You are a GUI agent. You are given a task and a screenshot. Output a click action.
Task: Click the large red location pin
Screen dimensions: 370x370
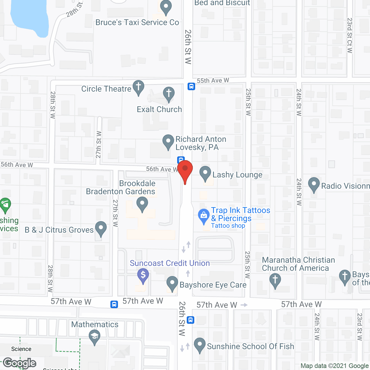coord(185,171)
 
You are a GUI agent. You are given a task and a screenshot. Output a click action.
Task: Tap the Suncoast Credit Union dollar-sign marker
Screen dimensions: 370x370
coord(143,275)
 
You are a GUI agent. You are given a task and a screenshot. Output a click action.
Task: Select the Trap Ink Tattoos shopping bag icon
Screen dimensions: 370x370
coord(204,216)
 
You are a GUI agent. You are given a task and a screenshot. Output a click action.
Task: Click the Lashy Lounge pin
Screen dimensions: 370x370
coord(205,173)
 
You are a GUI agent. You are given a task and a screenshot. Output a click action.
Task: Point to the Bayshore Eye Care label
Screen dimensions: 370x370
coord(213,285)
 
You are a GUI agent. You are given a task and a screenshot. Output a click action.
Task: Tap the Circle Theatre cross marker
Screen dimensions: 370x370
coord(138,87)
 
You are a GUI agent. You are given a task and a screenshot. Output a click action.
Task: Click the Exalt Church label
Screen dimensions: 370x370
coord(159,110)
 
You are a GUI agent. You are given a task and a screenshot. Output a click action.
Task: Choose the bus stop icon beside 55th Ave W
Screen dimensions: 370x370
coord(191,86)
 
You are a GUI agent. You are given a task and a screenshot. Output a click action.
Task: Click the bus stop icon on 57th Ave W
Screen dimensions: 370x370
coord(114,304)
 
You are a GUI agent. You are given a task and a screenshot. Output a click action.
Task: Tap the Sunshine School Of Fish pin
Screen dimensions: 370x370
coord(199,345)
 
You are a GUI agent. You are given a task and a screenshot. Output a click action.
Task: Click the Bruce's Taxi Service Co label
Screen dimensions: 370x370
coord(137,23)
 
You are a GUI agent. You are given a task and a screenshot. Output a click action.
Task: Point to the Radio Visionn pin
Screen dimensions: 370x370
coord(314,184)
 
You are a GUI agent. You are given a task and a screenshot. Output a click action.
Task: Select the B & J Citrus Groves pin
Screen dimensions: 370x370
coord(101,229)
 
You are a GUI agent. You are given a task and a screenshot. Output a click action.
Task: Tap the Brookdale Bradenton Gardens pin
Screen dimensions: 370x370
coord(142,204)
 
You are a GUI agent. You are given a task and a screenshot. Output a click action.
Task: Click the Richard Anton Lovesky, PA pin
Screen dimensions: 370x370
coord(168,142)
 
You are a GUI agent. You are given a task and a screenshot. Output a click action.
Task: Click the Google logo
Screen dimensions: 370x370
coord(20,363)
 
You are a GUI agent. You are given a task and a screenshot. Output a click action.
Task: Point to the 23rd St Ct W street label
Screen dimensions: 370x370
coord(350,35)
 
